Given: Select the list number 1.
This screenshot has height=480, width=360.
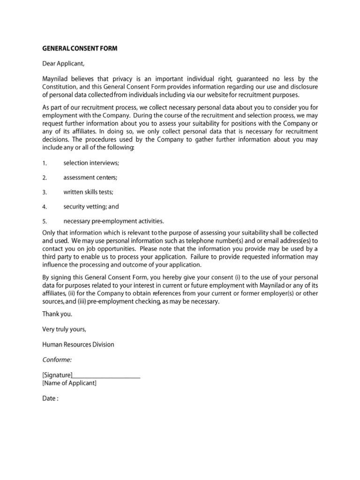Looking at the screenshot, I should click(x=45, y=163).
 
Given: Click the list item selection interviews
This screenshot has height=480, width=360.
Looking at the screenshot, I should click(x=91, y=163).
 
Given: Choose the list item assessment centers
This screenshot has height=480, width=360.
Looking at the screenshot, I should click(x=90, y=178).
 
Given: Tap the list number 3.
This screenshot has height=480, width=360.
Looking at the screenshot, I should click(x=45, y=192).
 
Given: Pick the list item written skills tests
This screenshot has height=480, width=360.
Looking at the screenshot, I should click(x=89, y=192).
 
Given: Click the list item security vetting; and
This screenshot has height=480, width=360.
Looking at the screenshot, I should click(x=91, y=207).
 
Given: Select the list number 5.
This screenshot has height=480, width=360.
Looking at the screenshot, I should click(x=45, y=221).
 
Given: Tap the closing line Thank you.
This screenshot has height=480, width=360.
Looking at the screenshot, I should click(x=57, y=314).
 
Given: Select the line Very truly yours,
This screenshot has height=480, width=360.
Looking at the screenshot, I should click(x=64, y=330).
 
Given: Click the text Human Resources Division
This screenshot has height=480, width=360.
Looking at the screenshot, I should click(x=78, y=345).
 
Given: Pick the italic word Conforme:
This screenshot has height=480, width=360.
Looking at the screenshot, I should click(x=57, y=360).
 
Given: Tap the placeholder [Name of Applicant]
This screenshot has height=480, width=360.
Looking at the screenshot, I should click(x=69, y=383).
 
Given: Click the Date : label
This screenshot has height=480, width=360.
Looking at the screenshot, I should click(x=50, y=399).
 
